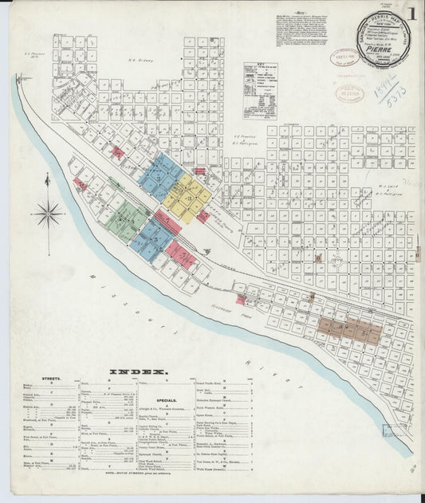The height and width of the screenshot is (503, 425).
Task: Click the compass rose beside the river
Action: [x=48, y=213]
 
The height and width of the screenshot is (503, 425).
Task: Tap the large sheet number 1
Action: [x=411, y=14]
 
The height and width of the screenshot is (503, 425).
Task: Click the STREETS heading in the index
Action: [x=47, y=381]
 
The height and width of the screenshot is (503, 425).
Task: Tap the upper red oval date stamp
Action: [x=346, y=57]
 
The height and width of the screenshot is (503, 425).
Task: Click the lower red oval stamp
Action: [x=349, y=93]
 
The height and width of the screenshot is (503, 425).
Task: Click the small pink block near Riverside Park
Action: [x=241, y=300]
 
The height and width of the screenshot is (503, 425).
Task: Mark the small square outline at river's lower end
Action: [x=391, y=430]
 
